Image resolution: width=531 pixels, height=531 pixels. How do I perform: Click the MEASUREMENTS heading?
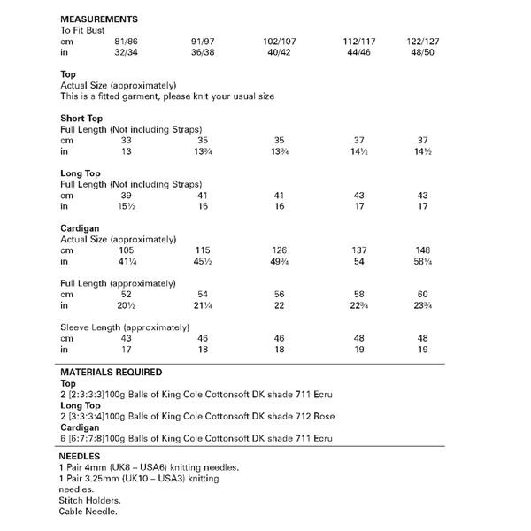pos(98,18)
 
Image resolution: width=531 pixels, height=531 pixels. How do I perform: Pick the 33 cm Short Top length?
pos(125,140)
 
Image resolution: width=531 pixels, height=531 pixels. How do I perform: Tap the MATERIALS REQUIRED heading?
pos(110,373)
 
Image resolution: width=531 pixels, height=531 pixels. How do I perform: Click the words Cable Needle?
pos(88,512)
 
